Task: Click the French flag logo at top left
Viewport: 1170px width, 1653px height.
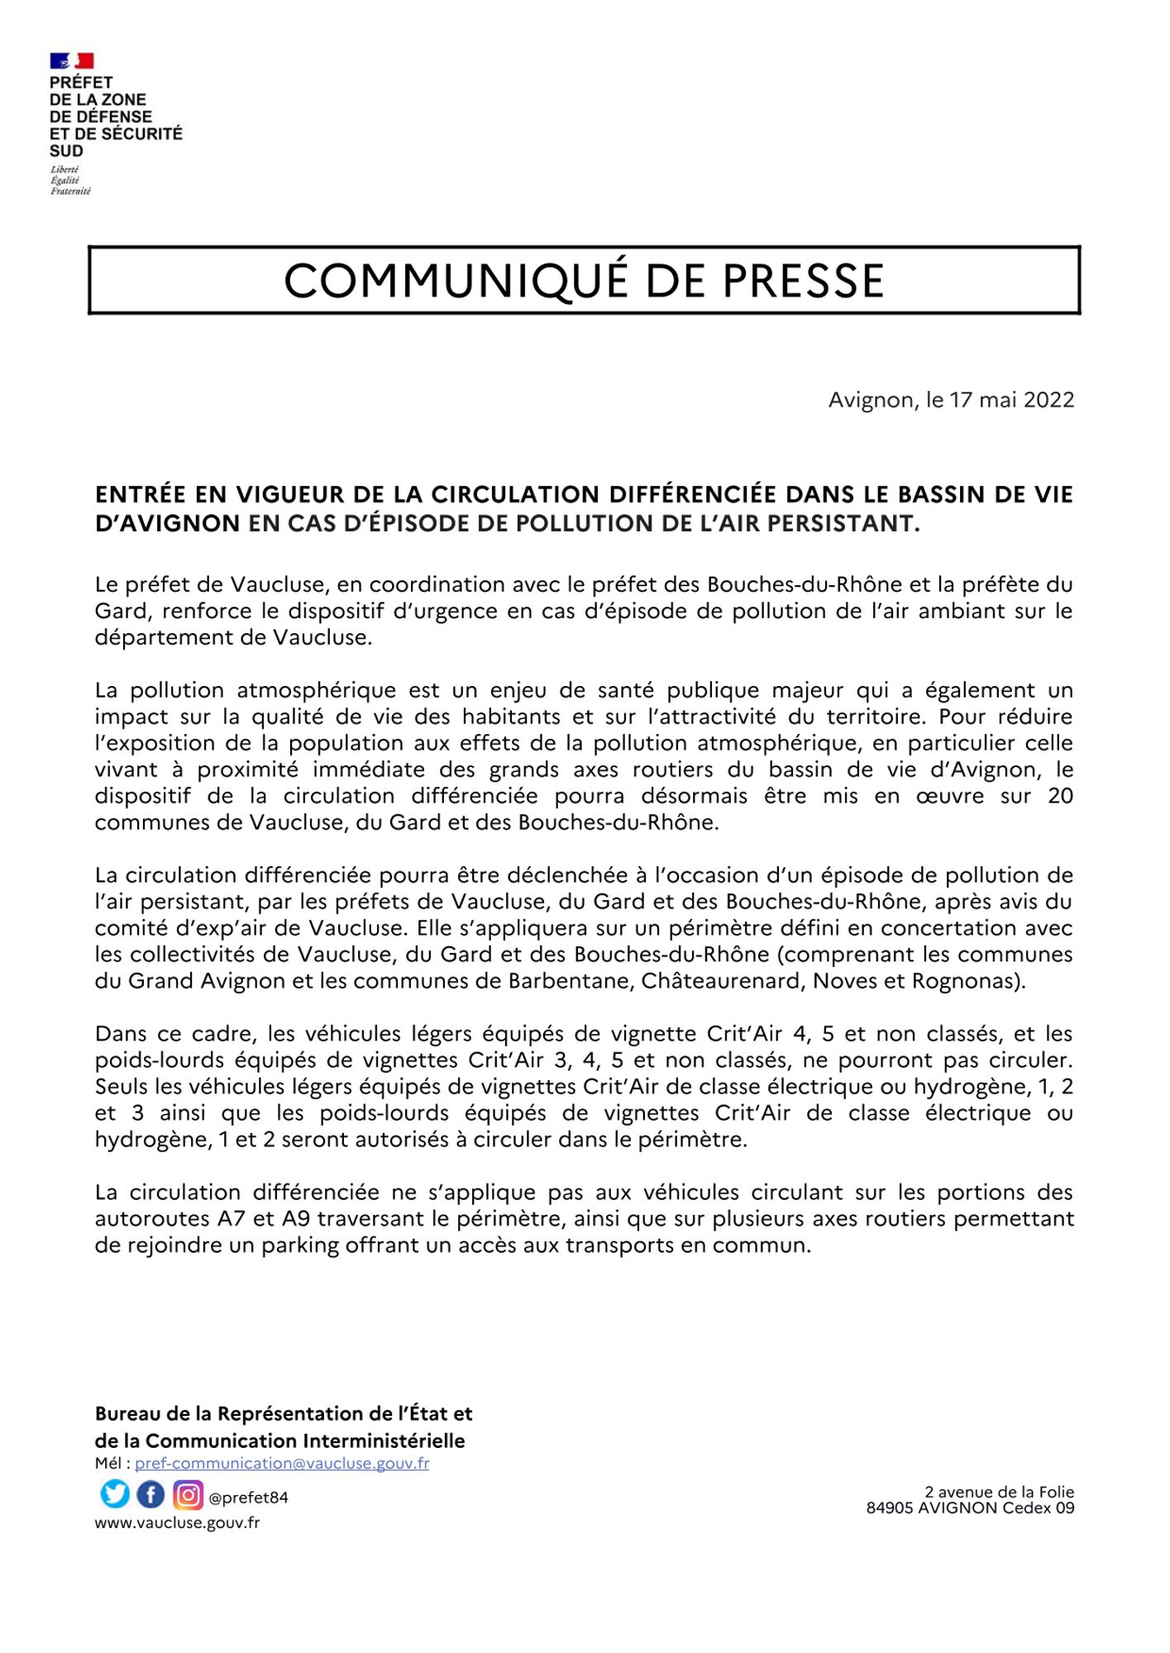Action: (72, 61)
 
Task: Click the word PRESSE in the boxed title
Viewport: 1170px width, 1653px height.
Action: (803, 281)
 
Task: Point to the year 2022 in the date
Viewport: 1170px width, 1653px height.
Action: (1048, 400)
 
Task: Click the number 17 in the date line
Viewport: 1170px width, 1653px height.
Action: (961, 400)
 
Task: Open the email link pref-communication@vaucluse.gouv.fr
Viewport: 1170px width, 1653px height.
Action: (282, 1464)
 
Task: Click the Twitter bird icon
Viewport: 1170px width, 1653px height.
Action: (115, 1494)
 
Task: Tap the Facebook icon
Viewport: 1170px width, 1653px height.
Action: (150, 1494)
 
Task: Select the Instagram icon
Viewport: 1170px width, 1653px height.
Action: (189, 1494)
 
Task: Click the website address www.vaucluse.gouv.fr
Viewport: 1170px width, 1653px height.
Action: (177, 1522)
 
